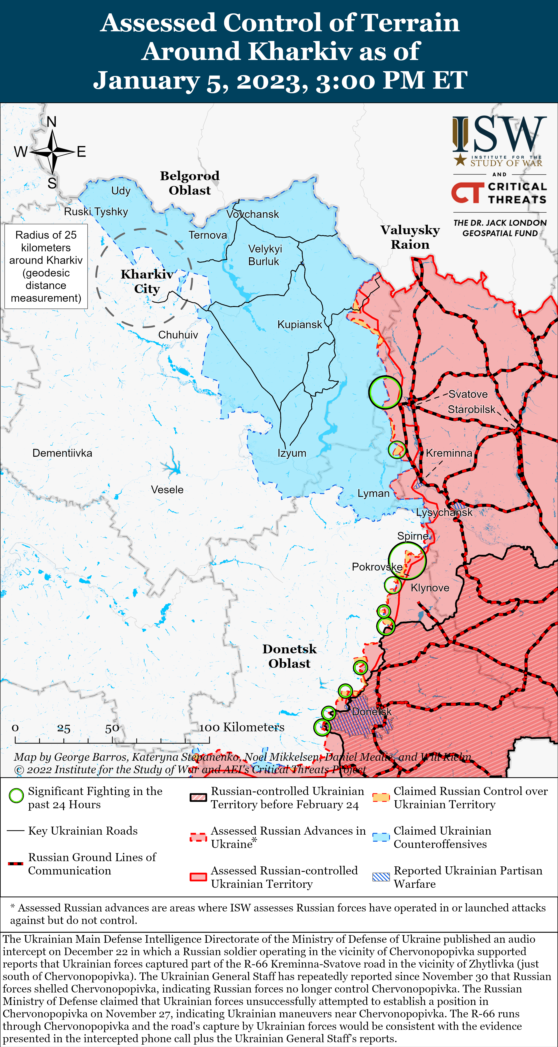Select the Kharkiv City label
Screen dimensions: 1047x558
[147, 281]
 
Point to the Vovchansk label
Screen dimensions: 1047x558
[253, 214]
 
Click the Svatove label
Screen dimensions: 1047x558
[468, 394]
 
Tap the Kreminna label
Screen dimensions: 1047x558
[449, 453]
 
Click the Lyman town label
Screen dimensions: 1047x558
[373, 494]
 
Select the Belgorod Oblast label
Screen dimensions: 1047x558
[190, 183]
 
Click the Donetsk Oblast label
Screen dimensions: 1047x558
[289, 656]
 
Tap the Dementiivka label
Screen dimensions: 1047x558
[62, 453]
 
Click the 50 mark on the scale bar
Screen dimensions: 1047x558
[112, 728]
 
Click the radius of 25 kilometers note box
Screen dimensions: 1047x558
[46, 266]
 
